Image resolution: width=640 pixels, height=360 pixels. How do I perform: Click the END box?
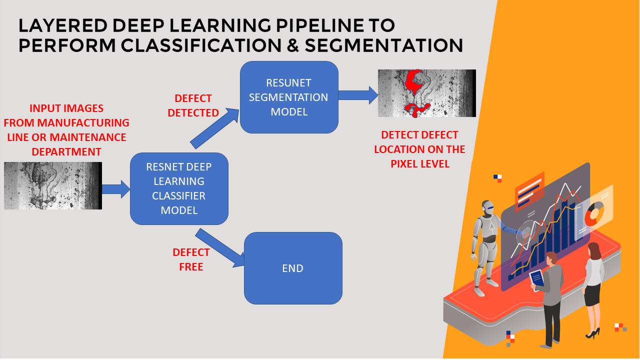click(x=293, y=268)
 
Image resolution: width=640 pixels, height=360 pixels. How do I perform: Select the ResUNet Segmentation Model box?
click(x=289, y=97)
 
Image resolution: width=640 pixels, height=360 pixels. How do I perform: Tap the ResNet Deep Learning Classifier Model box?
click(x=179, y=188)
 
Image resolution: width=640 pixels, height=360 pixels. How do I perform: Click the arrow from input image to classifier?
click(x=116, y=189)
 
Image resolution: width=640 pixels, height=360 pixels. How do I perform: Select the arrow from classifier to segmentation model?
click(x=215, y=128)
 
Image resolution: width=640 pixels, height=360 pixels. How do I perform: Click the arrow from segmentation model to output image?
click(x=358, y=95)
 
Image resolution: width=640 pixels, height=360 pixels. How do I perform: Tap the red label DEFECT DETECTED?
click(x=193, y=105)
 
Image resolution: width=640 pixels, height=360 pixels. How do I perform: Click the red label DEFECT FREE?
click(x=191, y=259)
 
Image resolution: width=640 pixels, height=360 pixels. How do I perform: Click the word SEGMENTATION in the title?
click(x=383, y=45)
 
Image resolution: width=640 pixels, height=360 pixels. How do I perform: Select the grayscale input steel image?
click(x=53, y=185)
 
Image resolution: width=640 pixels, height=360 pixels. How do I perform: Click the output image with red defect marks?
click(x=427, y=93)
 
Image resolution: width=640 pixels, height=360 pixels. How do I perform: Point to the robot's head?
click(x=487, y=207)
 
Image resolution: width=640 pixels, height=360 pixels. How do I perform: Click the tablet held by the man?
click(x=537, y=279)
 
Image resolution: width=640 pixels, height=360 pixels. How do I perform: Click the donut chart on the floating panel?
click(x=594, y=213)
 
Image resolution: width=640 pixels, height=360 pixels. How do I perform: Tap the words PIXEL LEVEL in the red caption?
click(x=420, y=164)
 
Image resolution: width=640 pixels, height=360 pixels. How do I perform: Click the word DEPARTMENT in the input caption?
click(x=66, y=151)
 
